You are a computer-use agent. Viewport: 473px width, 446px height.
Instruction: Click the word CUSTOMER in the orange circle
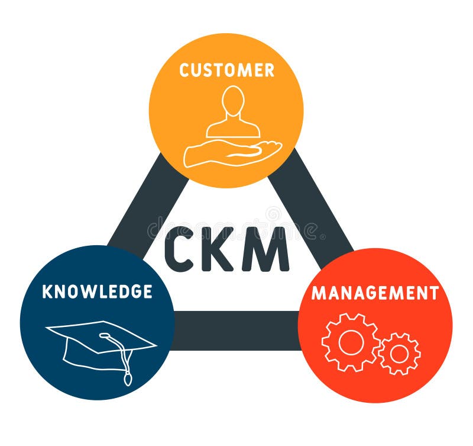(226, 70)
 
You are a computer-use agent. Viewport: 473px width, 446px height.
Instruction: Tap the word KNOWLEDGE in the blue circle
(97, 291)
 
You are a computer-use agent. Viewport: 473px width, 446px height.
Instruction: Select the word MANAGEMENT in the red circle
(375, 293)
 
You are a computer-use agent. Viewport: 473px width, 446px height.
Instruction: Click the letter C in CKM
(181, 249)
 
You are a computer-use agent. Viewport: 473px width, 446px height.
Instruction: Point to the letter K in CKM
(221, 249)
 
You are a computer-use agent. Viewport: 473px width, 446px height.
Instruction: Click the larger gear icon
(350, 342)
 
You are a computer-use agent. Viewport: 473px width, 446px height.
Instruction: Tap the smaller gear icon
(400, 354)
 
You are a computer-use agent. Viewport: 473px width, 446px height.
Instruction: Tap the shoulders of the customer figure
(233, 129)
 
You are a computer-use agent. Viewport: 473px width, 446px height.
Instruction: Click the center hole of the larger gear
(350, 342)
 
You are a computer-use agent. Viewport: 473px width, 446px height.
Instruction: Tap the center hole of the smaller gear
(400, 354)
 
